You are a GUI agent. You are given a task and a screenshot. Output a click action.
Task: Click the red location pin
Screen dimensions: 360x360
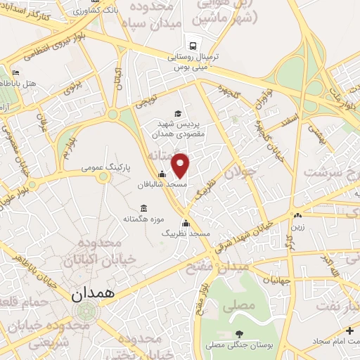click(181, 165)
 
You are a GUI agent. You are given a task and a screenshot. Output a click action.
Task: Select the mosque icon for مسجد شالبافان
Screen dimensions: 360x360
click(162, 174)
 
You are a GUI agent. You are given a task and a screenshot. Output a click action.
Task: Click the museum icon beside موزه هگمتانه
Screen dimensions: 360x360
click(143, 208)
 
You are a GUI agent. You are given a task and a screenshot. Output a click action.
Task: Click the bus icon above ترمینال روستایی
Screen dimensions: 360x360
click(189, 44)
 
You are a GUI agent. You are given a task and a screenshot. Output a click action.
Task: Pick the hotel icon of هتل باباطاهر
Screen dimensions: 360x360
click(16, 72)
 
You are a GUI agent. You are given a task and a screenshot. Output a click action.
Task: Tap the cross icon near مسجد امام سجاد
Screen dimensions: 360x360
click(349, 330)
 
